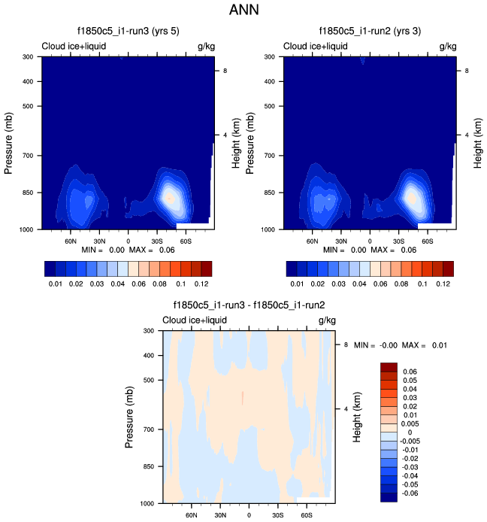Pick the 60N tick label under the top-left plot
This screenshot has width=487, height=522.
[71, 242]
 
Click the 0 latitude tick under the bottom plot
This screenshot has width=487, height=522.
[249, 517]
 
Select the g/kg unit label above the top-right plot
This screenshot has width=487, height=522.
[447, 47]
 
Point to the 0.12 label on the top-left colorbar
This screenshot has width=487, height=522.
[201, 286]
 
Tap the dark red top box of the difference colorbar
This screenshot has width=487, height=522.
[389, 367]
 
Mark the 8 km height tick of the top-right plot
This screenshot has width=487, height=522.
[464, 70]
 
